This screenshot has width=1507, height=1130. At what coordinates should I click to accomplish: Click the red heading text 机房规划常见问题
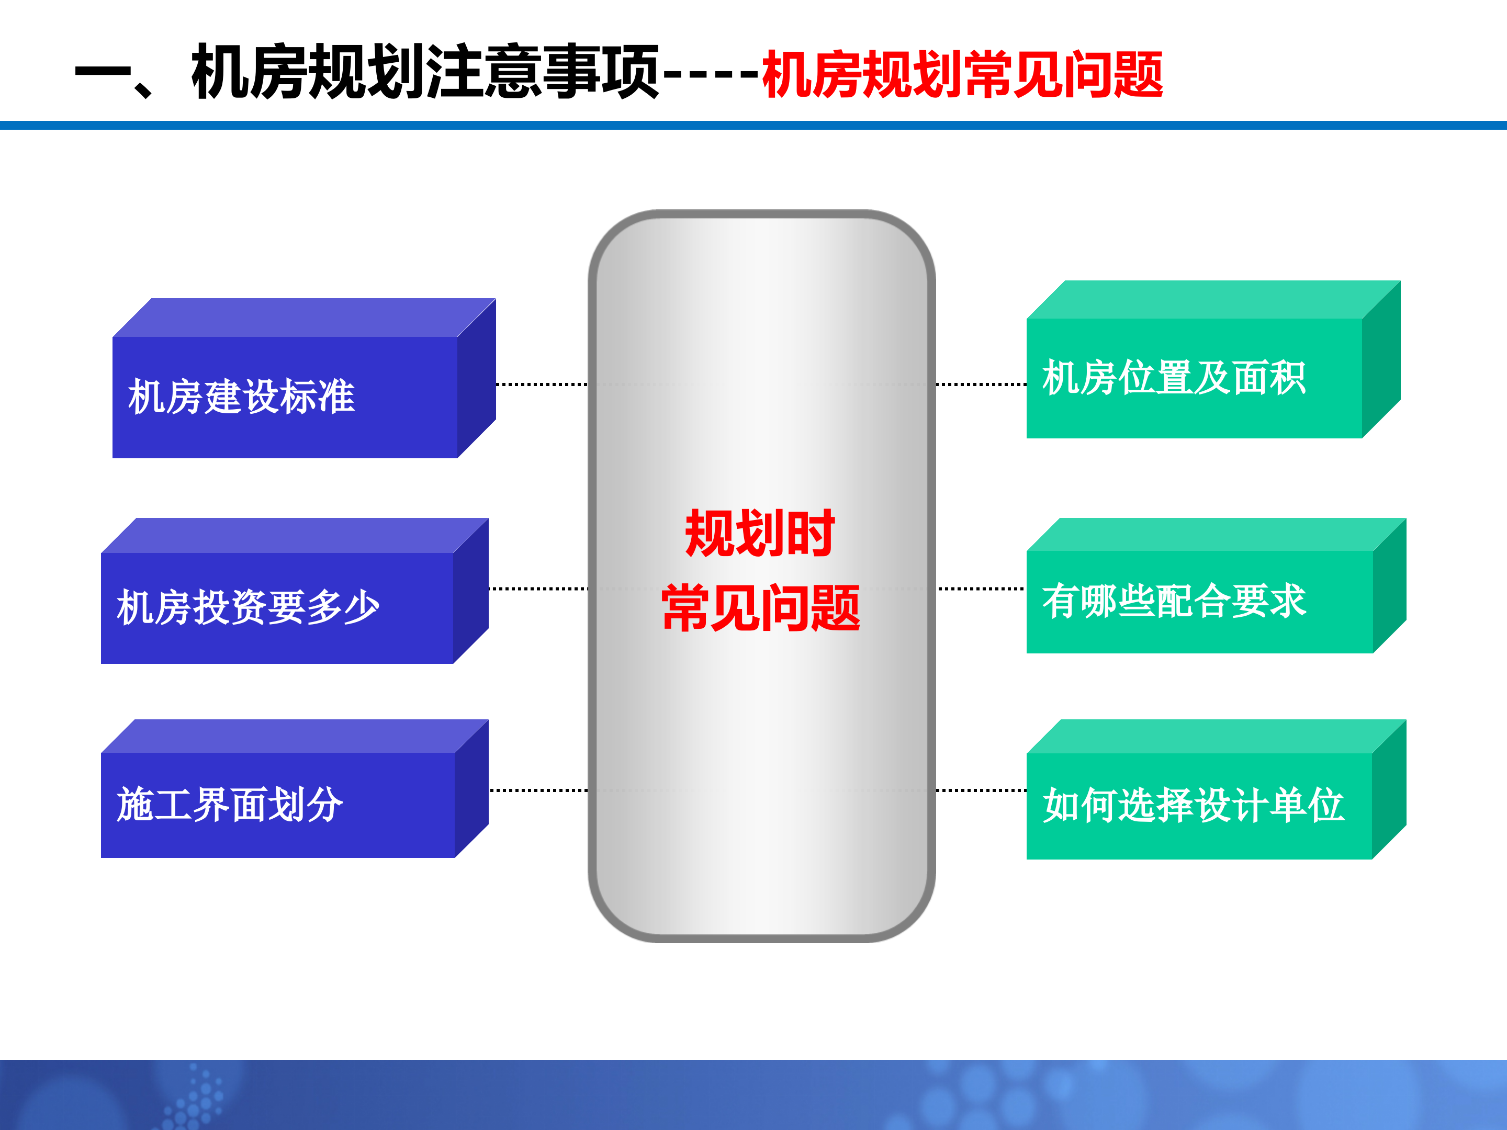tap(962, 74)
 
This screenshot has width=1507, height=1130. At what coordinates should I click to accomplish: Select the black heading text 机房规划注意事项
tap(425, 72)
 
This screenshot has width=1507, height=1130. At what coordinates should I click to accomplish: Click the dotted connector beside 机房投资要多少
tap(538, 589)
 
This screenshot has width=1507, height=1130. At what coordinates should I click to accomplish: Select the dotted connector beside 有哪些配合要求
tap(981, 589)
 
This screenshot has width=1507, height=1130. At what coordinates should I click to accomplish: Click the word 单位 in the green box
tap(1308, 805)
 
